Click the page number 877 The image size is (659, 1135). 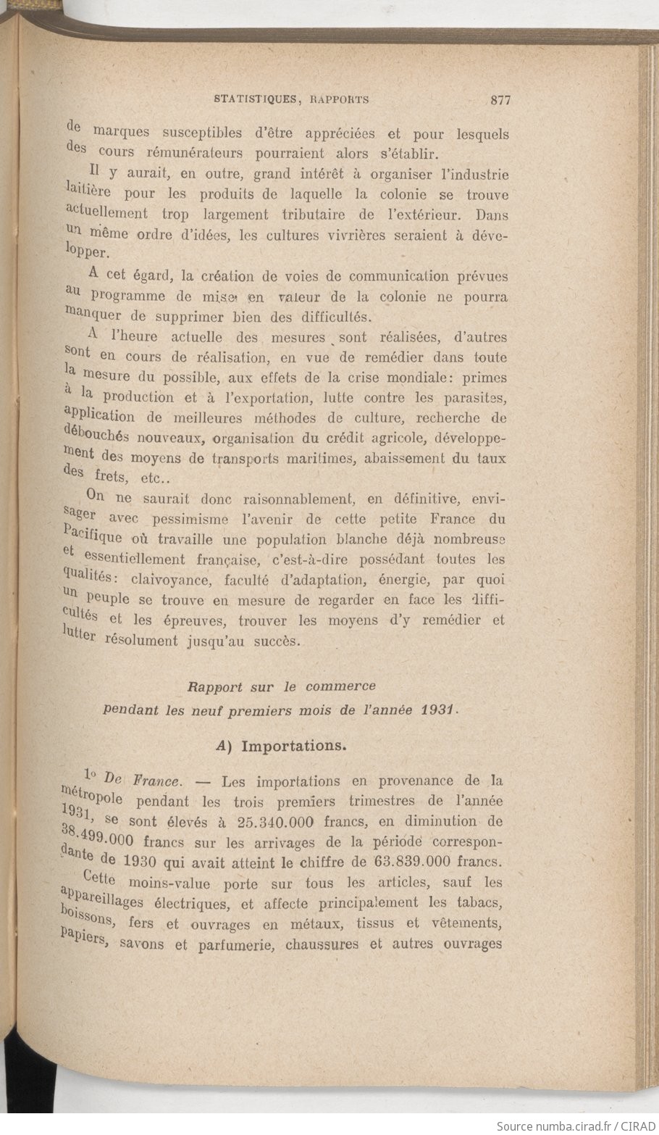tap(500, 100)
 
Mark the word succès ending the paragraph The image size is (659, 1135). tap(273, 641)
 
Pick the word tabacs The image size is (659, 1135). tap(477, 903)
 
